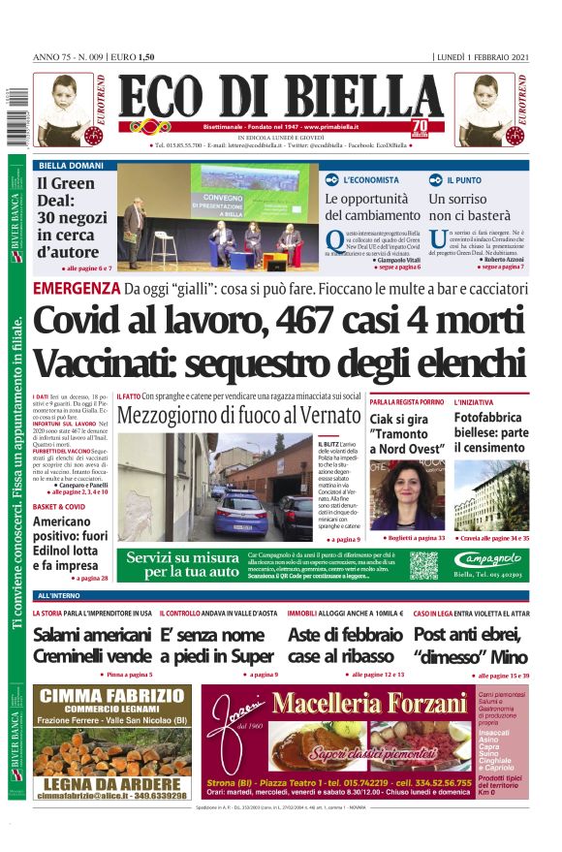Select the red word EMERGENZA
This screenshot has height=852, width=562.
click(76, 288)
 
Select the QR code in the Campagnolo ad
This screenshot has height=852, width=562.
click(423, 565)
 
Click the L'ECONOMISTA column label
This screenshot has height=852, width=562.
click(370, 180)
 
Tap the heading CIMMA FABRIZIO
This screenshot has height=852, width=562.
click(109, 695)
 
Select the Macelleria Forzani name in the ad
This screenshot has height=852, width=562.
click(367, 704)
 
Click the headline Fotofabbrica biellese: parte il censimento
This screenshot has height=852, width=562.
click(491, 431)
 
